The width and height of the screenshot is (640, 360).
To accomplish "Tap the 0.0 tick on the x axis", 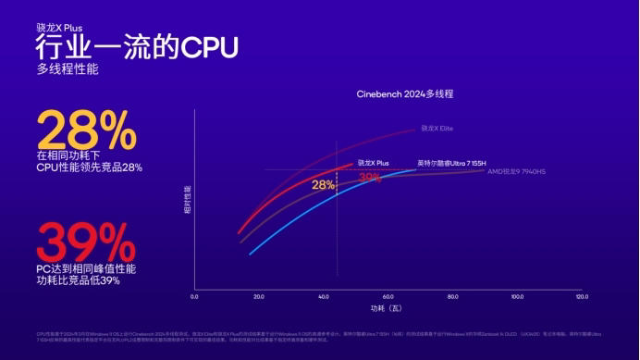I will point(194,297).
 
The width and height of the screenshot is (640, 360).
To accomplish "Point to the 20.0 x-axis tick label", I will point(258,297).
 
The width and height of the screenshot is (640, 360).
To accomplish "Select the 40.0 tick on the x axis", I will point(323,297).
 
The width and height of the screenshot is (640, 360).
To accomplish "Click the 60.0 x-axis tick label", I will point(388,297).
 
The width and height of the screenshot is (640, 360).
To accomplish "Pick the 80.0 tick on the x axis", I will point(452,297).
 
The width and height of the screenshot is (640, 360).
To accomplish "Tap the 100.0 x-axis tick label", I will point(517,297).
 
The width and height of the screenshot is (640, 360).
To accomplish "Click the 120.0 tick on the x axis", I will point(581,297).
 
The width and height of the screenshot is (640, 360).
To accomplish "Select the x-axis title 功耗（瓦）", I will point(387,308).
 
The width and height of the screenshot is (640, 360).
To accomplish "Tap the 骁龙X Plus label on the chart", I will point(374,162).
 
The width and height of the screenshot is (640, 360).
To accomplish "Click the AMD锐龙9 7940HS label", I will point(517,171).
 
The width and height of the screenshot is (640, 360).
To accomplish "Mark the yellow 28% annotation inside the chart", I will point(323,185).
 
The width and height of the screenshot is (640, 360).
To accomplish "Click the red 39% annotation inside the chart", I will point(370,177).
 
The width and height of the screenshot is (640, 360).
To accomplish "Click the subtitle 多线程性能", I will point(67,68).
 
